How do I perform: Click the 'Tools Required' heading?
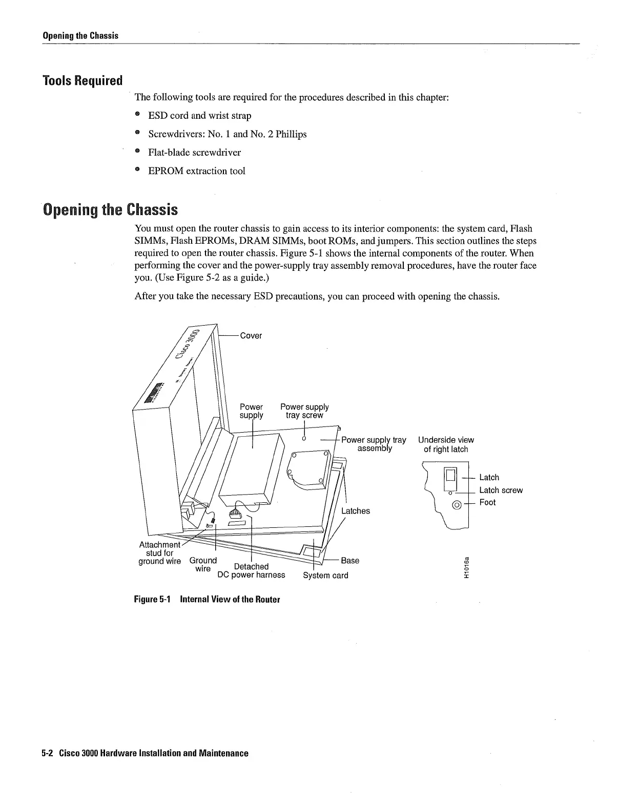[83, 80]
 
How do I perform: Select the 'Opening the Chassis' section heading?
[111, 209]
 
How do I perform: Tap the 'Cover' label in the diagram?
[251, 335]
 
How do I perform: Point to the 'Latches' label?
[355, 511]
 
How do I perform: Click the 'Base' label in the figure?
[350, 560]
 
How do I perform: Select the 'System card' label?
[325, 575]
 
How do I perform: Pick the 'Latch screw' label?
[501, 490]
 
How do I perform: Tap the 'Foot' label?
[487, 502]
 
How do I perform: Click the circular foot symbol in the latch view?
[456, 506]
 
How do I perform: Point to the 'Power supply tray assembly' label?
[374, 444]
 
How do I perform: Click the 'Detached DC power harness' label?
[251, 571]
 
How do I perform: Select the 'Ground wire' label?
[203, 564]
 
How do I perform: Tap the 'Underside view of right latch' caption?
[446, 444]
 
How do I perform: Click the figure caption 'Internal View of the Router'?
[230, 600]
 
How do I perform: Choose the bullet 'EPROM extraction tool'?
[197, 171]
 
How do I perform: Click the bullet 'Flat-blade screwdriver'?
[194, 153]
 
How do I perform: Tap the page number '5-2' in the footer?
[48, 753]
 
